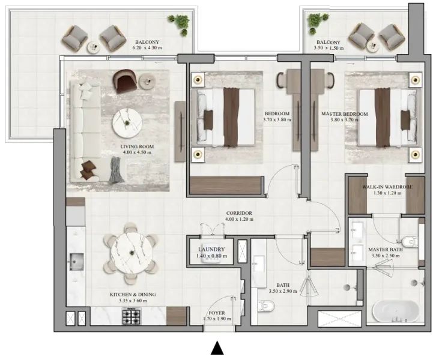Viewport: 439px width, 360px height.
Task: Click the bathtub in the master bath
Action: click(x=392, y=312)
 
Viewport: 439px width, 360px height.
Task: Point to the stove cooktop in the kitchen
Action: click(x=132, y=316)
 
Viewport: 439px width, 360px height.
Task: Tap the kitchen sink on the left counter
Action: click(x=76, y=261)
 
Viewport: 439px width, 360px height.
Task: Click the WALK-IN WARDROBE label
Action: click(x=387, y=187)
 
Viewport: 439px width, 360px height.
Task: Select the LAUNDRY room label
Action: click(x=211, y=250)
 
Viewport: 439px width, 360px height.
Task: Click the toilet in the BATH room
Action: click(x=264, y=307)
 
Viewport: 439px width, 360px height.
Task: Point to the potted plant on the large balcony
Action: click(x=179, y=23)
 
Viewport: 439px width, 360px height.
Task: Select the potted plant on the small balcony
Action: click(x=314, y=22)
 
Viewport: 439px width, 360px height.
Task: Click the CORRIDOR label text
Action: click(x=238, y=213)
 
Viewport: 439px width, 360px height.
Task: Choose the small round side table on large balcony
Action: click(x=93, y=47)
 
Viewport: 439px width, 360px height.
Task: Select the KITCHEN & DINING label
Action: click(x=133, y=294)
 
